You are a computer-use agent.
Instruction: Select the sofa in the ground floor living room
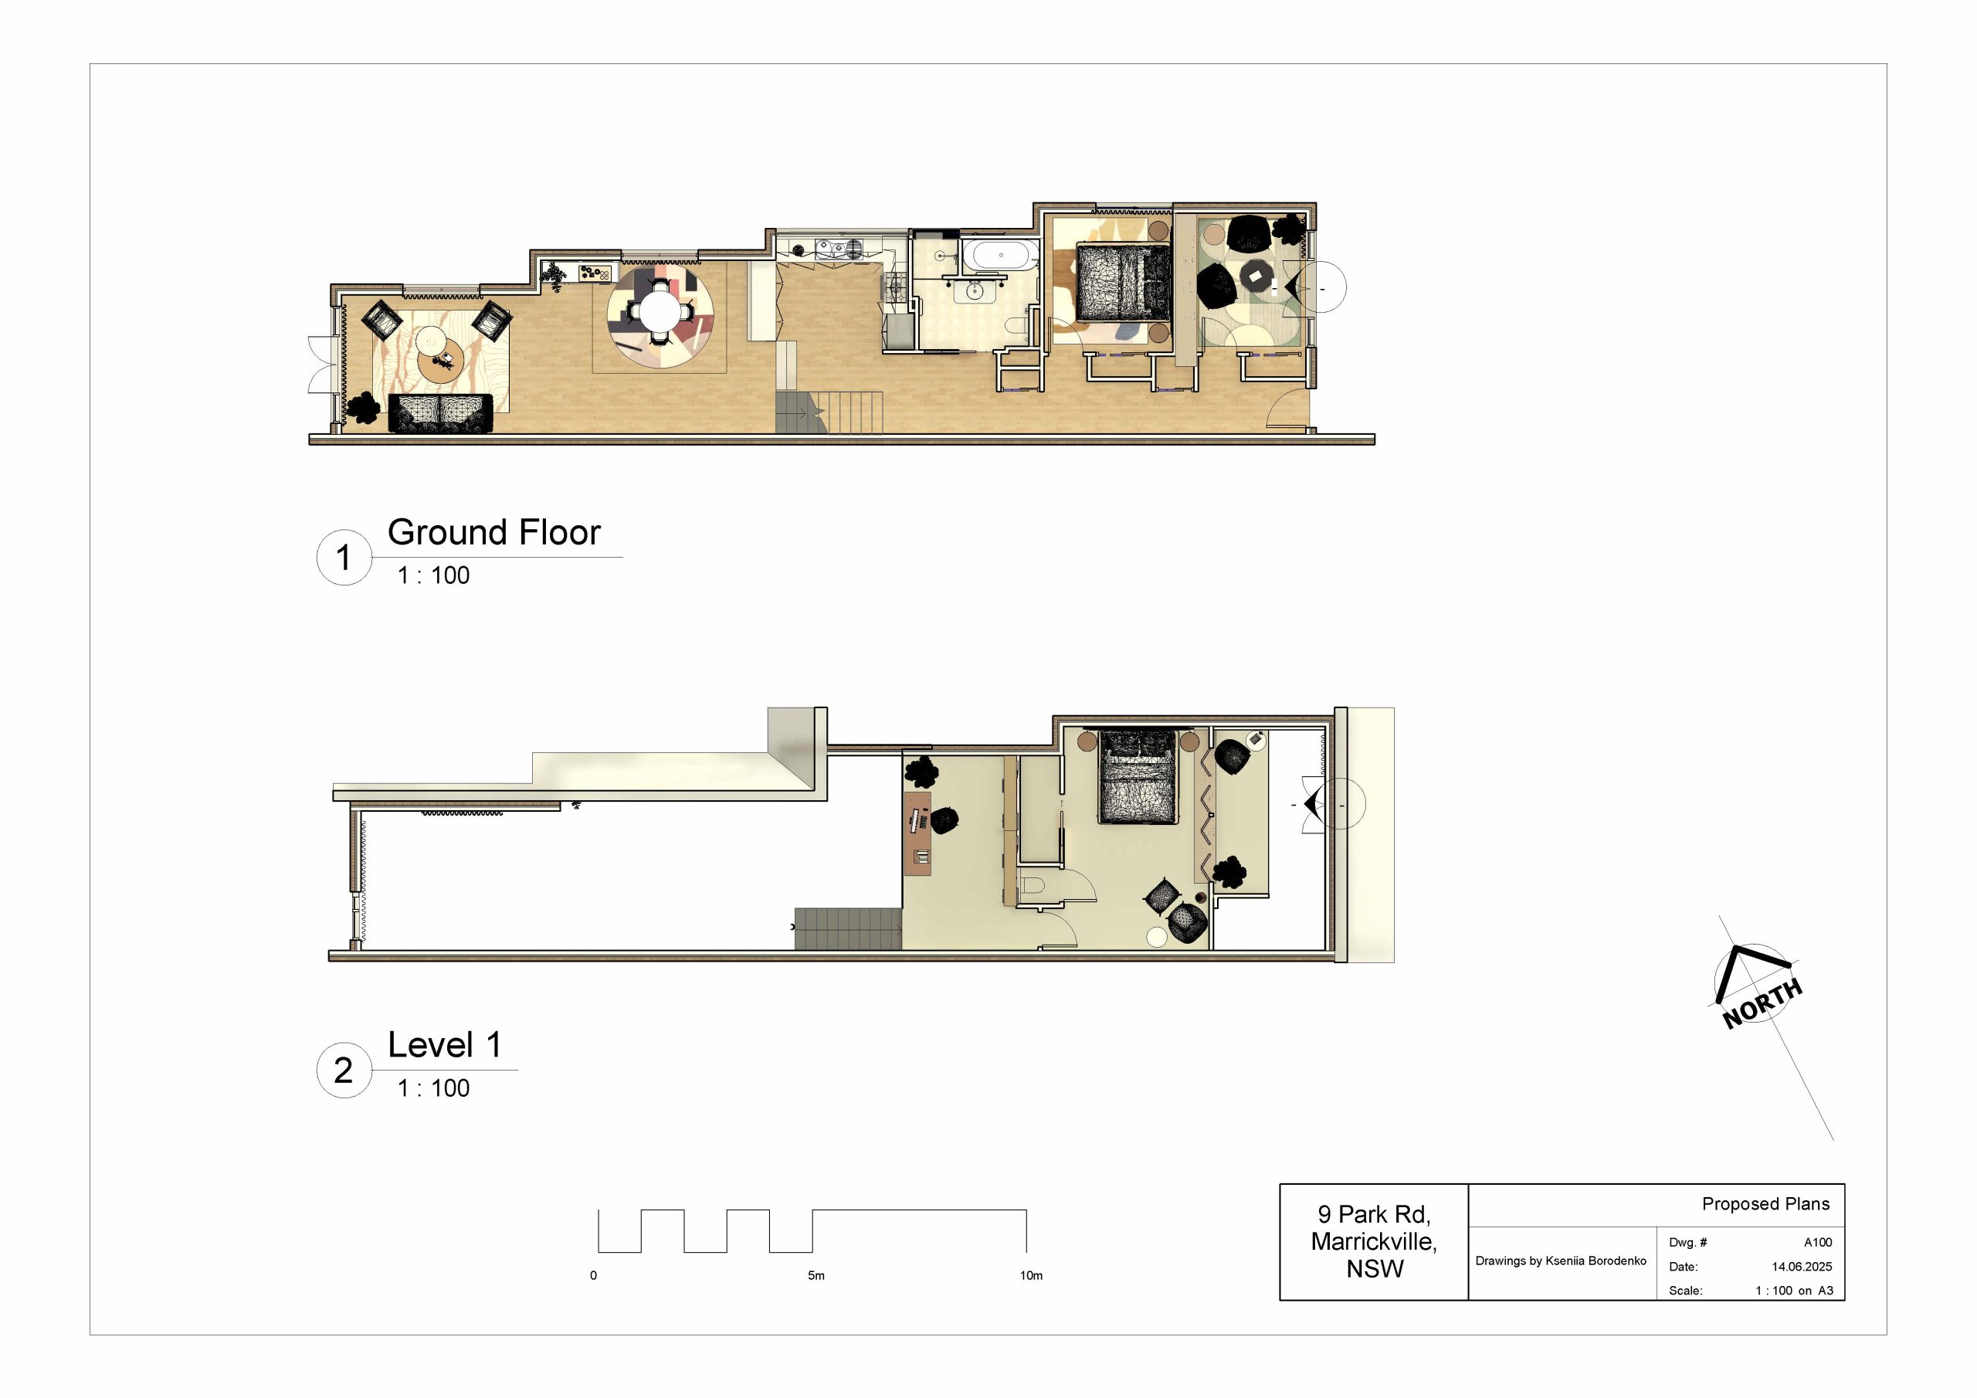pyautogui.click(x=440, y=413)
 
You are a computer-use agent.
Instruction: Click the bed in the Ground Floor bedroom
pyautogui.click(x=1124, y=283)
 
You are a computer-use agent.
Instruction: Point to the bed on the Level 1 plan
pyautogui.click(x=1138, y=777)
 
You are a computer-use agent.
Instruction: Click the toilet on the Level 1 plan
pyautogui.click(x=1032, y=884)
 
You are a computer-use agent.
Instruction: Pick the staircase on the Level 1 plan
pyautogui.click(x=848, y=928)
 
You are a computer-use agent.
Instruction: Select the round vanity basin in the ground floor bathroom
pyautogui.click(x=974, y=291)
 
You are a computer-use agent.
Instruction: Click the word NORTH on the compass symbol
pyautogui.click(x=1762, y=1003)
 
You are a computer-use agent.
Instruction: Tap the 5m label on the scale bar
pyautogui.click(x=816, y=1276)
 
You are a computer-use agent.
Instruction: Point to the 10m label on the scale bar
pyautogui.click(x=1031, y=1276)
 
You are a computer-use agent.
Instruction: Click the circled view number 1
pyautogui.click(x=344, y=558)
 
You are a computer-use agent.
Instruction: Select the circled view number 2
pyautogui.click(x=344, y=1071)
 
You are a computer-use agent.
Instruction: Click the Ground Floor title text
pyautogui.click(x=493, y=532)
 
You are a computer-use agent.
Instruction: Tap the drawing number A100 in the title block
pyautogui.click(x=1818, y=1242)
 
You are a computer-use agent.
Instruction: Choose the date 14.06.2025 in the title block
pyautogui.click(x=1802, y=1266)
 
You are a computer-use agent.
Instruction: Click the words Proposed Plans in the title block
pyautogui.click(x=1765, y=1204)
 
